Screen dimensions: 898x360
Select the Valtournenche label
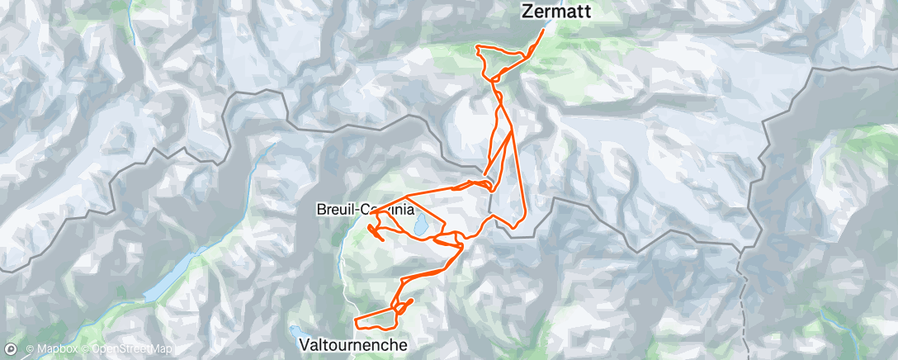[x=353, y=343]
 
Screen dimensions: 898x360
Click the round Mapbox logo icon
[x=11, y=350]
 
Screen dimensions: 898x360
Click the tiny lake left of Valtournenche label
[x=295, y=331]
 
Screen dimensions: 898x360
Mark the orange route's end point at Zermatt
[x=544, y=31]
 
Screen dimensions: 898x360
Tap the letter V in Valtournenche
[x=305, y=343]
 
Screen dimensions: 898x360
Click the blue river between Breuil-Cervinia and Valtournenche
[x=342, y=264]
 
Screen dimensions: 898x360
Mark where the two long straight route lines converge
[x=513, y=130]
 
